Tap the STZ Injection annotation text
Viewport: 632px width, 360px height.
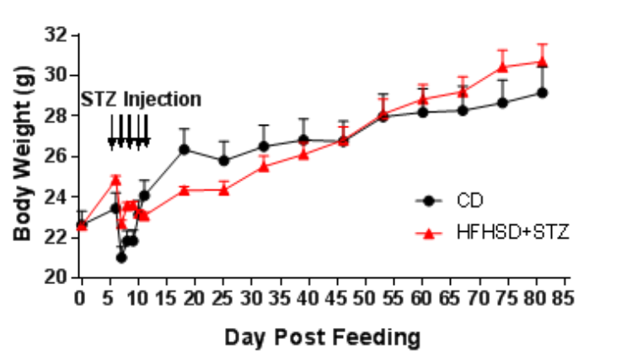142,99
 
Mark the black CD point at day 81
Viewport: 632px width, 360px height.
543,92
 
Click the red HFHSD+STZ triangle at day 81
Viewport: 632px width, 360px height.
543,62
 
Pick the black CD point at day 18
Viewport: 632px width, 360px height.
184,149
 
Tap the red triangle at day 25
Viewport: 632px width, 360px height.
224,189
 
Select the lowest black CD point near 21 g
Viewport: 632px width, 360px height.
121,257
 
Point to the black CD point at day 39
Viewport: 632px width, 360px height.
303,140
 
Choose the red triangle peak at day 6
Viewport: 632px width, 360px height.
115,180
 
